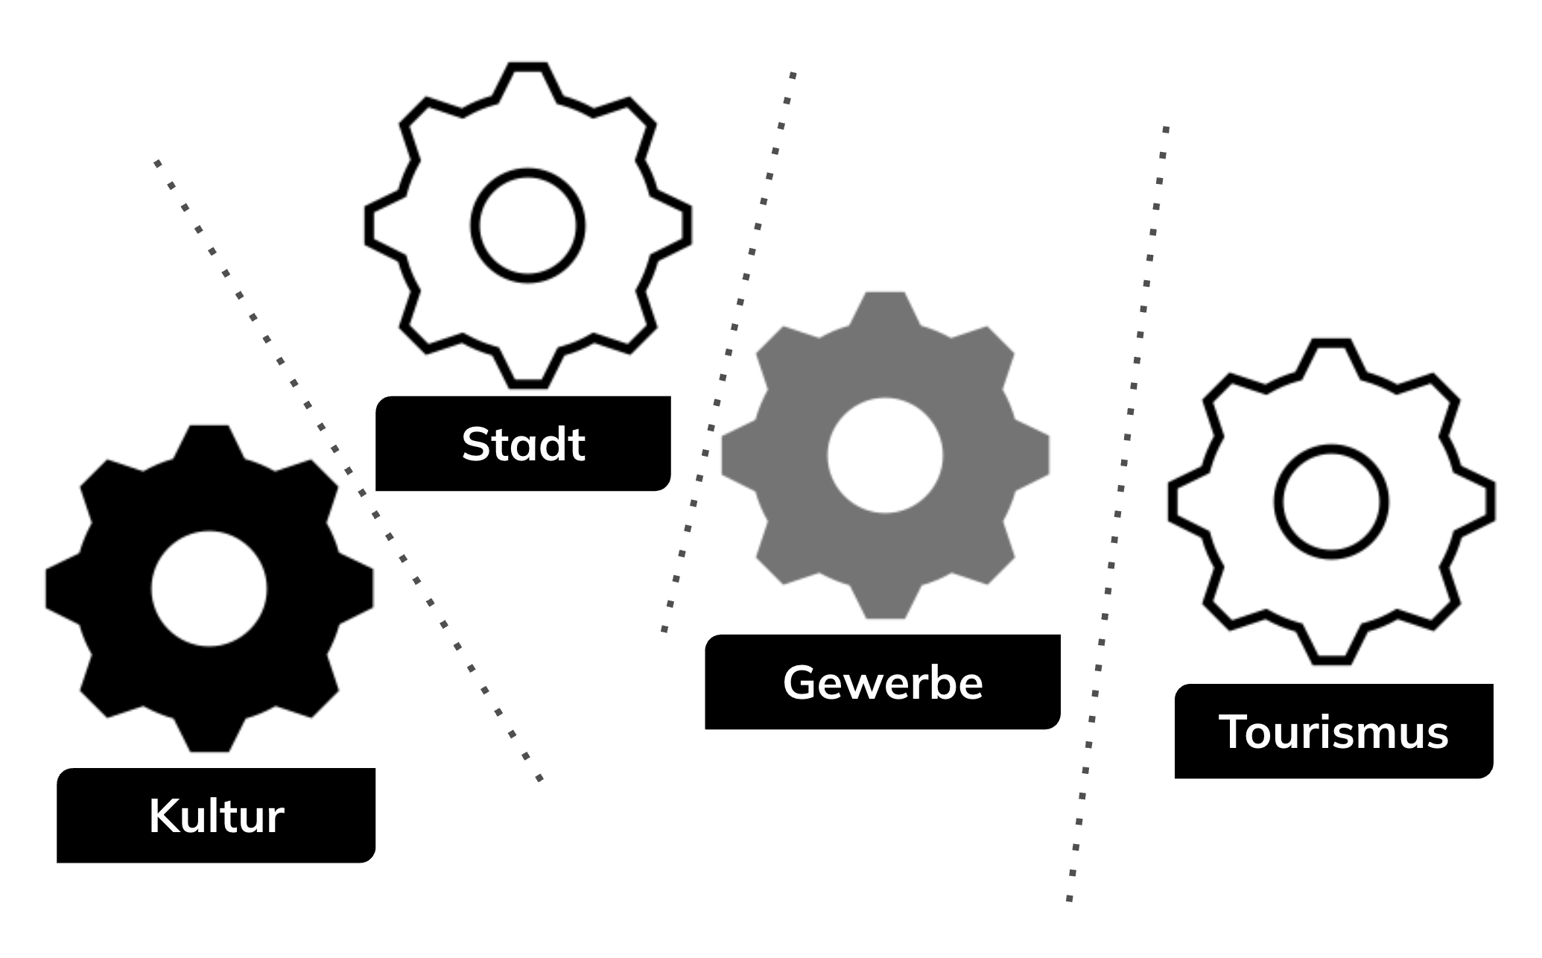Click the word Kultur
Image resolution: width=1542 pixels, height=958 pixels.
pos(216,816)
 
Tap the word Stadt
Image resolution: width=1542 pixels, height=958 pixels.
pos(523,445)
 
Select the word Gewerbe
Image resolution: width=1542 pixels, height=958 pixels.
pos(883,682)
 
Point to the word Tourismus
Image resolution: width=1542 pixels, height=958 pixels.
pos(1333,732)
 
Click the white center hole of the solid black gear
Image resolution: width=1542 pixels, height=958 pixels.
pos(209,589)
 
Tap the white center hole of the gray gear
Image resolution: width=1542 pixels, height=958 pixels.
pos(885,455)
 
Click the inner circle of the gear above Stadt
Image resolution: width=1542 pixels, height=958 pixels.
pos(527,226)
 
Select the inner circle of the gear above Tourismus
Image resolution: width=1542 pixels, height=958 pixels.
pos(1331,501)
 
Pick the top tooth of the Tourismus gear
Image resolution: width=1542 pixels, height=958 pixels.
pos(1331,350)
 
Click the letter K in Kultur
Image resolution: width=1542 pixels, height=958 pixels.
pos(162,816)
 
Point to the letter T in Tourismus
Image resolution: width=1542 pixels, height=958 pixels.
pos(1234,732)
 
